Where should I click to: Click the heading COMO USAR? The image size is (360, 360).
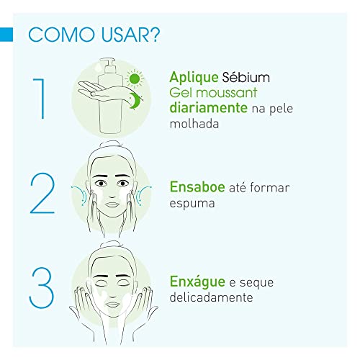(x=94, y=35)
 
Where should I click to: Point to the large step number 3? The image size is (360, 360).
(x=41, y=287)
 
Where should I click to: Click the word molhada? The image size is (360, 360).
(x=194, y=125)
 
